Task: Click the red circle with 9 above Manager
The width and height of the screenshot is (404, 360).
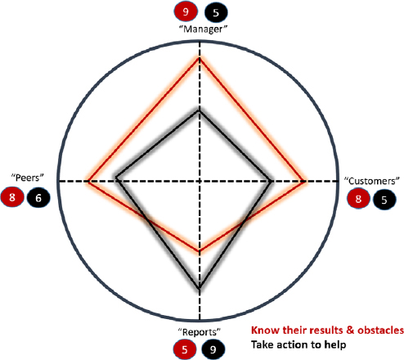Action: point(186,11)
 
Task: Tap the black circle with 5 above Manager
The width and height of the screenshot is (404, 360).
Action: point(216,12)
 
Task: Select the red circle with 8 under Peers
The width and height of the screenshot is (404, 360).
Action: point(12,196)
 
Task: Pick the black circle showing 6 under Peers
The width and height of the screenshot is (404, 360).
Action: point(38,197)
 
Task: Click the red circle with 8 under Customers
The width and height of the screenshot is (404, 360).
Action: point(358,198)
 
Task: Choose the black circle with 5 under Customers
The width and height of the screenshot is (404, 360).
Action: point(384,200)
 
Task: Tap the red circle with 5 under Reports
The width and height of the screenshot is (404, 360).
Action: point(185,349)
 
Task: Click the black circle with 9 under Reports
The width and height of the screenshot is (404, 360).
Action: point(213,349)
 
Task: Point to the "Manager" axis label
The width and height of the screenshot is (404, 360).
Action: point(203,29)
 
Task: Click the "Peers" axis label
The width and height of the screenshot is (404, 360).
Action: point(27,178)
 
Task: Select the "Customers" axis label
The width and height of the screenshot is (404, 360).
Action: point(371,181)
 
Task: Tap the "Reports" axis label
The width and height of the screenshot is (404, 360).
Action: point(200,332)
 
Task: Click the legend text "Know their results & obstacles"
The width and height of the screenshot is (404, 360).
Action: point(327,330)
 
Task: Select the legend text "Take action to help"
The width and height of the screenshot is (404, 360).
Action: point(299,344)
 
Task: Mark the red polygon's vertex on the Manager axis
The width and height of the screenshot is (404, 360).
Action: point(200,57)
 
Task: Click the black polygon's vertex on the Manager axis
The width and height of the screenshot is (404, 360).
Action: point(200,110)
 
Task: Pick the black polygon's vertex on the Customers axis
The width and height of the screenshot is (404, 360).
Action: point(272,181)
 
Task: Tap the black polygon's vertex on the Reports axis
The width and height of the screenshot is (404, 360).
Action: point(200,288)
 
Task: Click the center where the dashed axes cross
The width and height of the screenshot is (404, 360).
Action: point(200,181)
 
